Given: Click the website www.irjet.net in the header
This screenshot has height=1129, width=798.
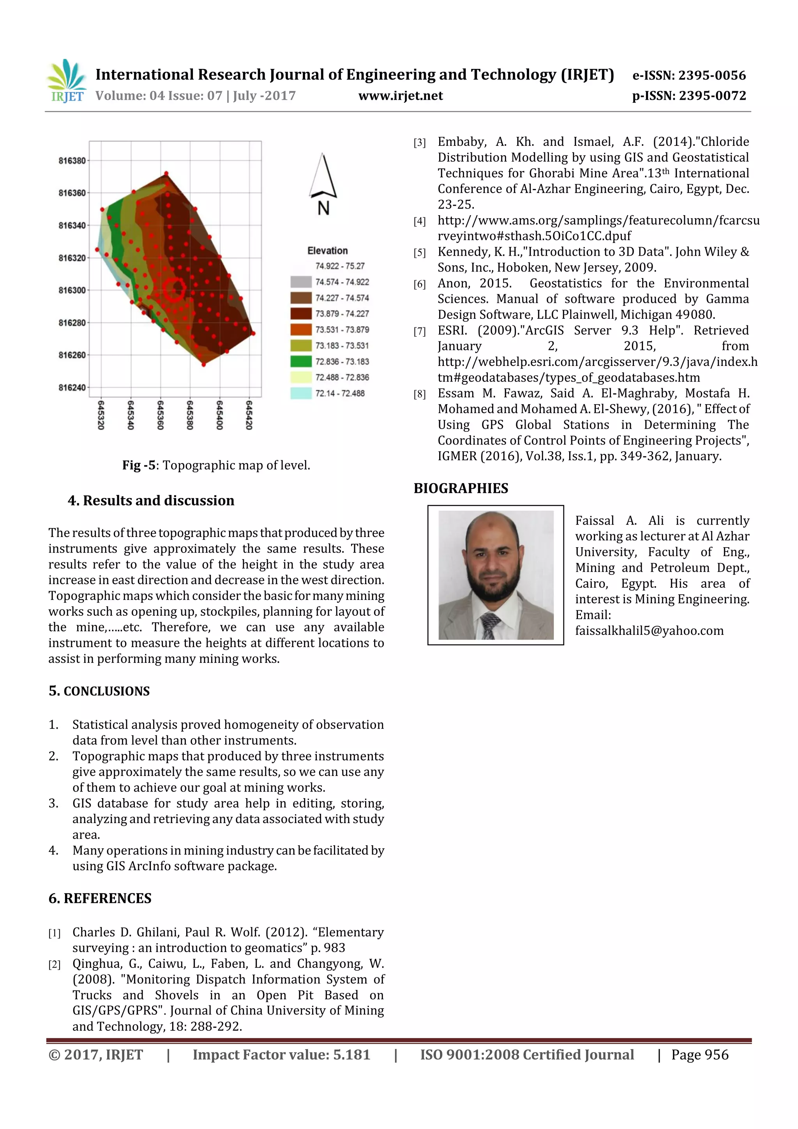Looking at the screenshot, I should (400, 95).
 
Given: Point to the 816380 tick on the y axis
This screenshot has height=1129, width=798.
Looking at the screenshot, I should (72, 161).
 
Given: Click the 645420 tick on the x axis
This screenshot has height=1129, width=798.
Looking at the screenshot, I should (249, 415).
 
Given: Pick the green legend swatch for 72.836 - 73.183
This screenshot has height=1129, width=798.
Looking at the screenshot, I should (301, 361).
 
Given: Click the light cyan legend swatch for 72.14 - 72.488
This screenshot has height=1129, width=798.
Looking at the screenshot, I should (301, 393).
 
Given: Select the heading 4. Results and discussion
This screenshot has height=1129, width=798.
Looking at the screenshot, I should (151, 500).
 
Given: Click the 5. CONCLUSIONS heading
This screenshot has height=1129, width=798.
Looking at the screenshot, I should (99, 691).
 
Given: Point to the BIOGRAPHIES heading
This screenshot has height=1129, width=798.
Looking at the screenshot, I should (461, 488).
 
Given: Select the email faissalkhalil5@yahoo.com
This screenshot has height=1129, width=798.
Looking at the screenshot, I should (649, 631).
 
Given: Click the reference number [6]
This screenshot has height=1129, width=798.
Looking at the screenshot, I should (419, 284).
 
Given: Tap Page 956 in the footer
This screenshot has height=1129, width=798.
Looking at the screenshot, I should (700, 1054).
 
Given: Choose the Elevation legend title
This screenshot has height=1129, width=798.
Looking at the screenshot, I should (327, 251).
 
